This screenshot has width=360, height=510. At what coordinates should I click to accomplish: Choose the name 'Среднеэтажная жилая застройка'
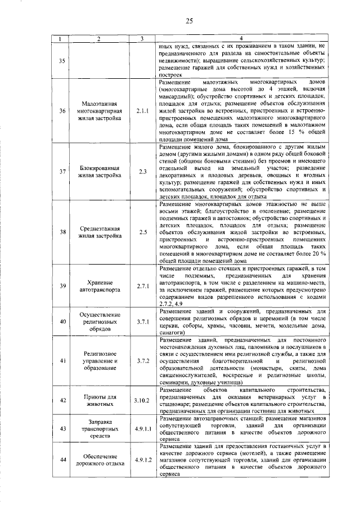[x=99, y=232]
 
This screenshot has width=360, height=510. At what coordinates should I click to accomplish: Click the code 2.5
[x=142, y=232]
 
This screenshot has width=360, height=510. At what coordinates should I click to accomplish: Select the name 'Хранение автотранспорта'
[x=99, y=286]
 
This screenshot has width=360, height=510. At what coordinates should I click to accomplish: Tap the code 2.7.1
[x=142, y=286]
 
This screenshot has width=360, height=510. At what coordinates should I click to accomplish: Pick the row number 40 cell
[x=62, y=321]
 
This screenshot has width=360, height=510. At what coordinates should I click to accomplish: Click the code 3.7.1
[x=142, y=321]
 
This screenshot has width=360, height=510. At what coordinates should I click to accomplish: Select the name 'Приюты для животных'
[x=99, y=400]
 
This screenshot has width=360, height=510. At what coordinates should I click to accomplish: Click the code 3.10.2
[x=142, y=400]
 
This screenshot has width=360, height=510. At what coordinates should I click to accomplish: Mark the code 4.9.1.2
[x=143, y=460]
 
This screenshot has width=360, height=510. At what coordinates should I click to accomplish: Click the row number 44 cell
[x=62, y=460]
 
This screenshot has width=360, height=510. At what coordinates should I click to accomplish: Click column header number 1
[x=62, y=38]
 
